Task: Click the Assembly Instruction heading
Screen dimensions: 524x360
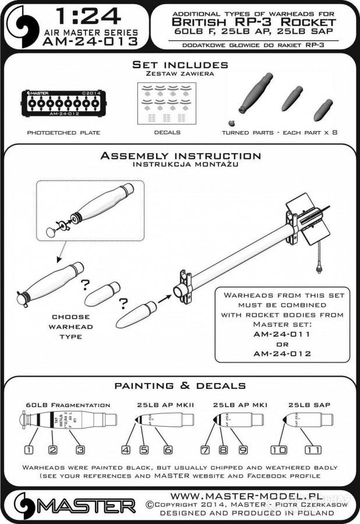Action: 180,156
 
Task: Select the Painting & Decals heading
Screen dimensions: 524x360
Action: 179,386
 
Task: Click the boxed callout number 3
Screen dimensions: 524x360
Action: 80,449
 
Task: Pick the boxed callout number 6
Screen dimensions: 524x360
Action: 168,449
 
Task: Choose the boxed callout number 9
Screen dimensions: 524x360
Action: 243,449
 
